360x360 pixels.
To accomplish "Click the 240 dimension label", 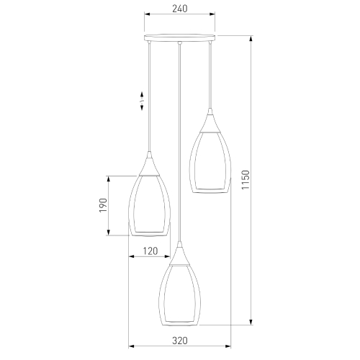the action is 179,9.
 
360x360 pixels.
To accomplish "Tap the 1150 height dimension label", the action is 246,180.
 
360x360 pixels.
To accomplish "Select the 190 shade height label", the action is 103,205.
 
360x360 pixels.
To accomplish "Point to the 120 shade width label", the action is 150,251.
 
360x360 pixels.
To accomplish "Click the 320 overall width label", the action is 180,341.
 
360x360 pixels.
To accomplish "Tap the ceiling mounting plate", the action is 180,37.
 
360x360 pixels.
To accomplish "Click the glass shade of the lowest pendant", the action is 179,294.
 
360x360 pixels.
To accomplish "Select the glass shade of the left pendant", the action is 150,205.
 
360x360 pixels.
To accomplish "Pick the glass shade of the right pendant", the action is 210,163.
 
